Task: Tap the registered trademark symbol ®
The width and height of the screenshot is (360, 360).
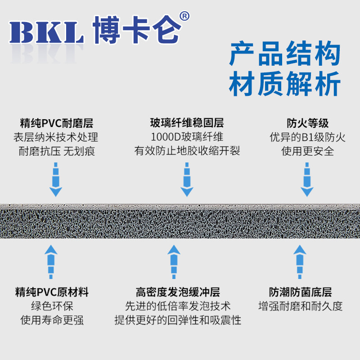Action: coord(184,16)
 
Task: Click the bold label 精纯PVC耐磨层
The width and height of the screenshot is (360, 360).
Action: coord(57,123)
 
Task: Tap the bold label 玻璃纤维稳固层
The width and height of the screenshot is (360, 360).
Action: coord(187,123)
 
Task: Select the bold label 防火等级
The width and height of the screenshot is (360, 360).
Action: coord(307,123)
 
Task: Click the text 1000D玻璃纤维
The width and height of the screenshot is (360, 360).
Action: coord(187,137)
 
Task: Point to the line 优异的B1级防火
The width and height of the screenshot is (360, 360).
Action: coord(307,137)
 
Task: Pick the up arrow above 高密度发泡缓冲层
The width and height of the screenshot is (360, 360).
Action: coord(174,262)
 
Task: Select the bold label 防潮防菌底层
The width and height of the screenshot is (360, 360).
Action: coord(301,292)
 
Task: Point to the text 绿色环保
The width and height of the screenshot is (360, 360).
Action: coord(52,306)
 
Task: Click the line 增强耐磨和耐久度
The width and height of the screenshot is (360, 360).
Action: coord(301,306)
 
